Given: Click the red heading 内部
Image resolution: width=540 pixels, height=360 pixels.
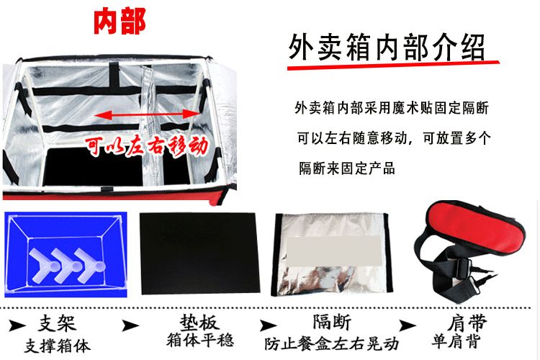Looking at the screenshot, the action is point(120,22).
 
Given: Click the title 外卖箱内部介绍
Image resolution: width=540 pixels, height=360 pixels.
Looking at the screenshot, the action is point(386,48).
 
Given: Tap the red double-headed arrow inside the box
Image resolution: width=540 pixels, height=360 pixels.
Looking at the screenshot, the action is point(147,114).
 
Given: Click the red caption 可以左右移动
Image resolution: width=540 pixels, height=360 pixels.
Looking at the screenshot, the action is point(147,146).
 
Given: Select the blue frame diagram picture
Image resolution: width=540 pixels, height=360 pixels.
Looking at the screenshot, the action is point(66,254).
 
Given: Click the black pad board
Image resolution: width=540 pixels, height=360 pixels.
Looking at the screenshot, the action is point(199,253).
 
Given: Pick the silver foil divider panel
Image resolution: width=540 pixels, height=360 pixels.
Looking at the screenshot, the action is point(332,255).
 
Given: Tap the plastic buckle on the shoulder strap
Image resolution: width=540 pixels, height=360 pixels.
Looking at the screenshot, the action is point(462,268).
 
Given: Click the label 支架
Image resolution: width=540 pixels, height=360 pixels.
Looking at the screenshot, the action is point(57,323).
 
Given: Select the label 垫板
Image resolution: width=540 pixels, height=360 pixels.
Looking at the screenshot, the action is point(199,323).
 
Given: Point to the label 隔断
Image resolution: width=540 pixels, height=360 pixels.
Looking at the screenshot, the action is point(332,322).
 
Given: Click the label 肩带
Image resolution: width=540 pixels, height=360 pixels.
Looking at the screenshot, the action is point(467,323).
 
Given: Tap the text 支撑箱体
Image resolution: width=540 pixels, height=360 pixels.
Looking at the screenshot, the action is point(57,346).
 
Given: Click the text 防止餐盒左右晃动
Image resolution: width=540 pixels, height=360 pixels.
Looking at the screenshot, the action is point(332,344).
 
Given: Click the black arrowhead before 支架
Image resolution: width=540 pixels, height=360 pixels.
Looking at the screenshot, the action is point(17,325).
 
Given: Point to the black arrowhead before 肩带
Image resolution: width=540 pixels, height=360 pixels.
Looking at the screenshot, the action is point(407,325).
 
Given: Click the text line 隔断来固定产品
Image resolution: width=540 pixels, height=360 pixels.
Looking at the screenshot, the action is point(346,168).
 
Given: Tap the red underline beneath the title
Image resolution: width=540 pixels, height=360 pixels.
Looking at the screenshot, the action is point(393,65).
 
